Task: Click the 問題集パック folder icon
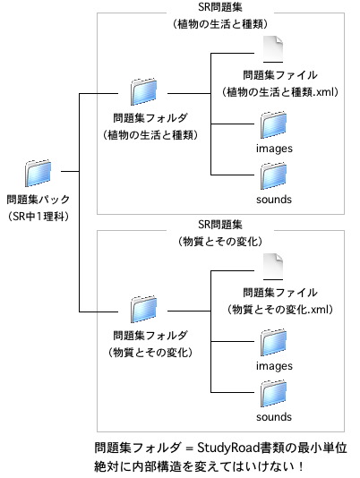[38, 173]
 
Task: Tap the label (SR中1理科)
[39, 217]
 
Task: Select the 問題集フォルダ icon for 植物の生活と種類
[143, 92]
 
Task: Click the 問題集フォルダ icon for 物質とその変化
[143, 310]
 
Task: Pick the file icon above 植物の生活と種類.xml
[273, 49]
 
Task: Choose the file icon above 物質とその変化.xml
[273, 267]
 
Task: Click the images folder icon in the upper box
[274, 125]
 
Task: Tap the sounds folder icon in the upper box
[274, 176]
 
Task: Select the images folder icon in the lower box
[274, 342]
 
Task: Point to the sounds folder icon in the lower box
[274, 394]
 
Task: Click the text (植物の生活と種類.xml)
[280, 92]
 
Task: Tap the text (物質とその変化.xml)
[280, 310]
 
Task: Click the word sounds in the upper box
[274, 200]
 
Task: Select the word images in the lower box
[274, 366]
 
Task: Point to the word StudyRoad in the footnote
[228, 448]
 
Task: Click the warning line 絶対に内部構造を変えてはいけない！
[199, 466]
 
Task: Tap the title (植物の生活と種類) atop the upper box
[220, 24]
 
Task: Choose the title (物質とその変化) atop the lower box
[220, 242]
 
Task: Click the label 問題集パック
[39, 200]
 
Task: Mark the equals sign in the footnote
[190, 448]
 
